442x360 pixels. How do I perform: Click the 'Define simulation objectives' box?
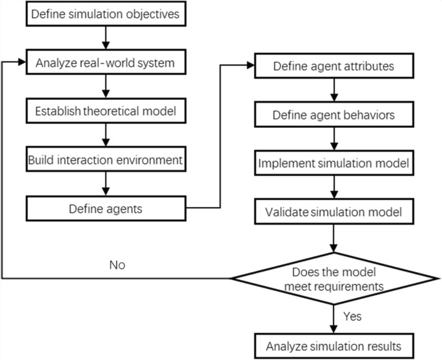[105, 14]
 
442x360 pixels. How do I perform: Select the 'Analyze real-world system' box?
[105, 63]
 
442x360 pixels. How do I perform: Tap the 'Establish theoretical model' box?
[105, 111]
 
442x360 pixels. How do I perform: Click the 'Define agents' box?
[105, 208]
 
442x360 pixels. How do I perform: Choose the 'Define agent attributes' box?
[333, 66]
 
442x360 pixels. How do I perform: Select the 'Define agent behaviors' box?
[333, 115]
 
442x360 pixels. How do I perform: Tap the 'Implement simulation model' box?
[333, 163]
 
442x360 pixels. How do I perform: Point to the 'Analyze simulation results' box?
[333, 346]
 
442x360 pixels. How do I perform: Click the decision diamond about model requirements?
[333, 278]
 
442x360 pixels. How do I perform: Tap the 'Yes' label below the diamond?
[352, 317]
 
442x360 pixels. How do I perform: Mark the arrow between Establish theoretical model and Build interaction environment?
[105, 135]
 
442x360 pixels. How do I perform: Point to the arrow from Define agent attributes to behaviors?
[333, 91]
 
